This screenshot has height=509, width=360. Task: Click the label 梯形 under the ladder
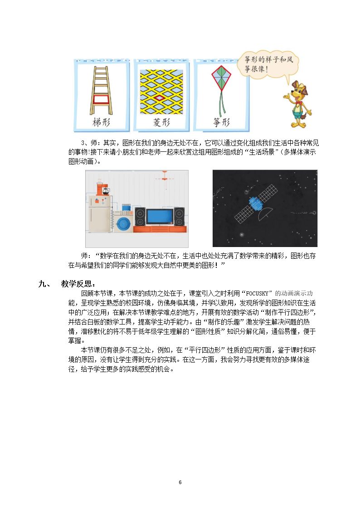(101, 122)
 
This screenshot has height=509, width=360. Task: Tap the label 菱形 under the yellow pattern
(161, 122)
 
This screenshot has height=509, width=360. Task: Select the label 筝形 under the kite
(221, 122)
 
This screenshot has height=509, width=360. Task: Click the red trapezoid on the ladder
(101, 99)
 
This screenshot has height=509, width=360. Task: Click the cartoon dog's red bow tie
(298, 103)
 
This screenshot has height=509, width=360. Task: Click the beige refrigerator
(99, 214)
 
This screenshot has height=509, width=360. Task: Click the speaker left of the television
(140, 217)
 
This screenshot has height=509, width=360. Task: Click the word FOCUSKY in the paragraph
(257, 293)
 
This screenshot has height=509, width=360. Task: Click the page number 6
(180, 482)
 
